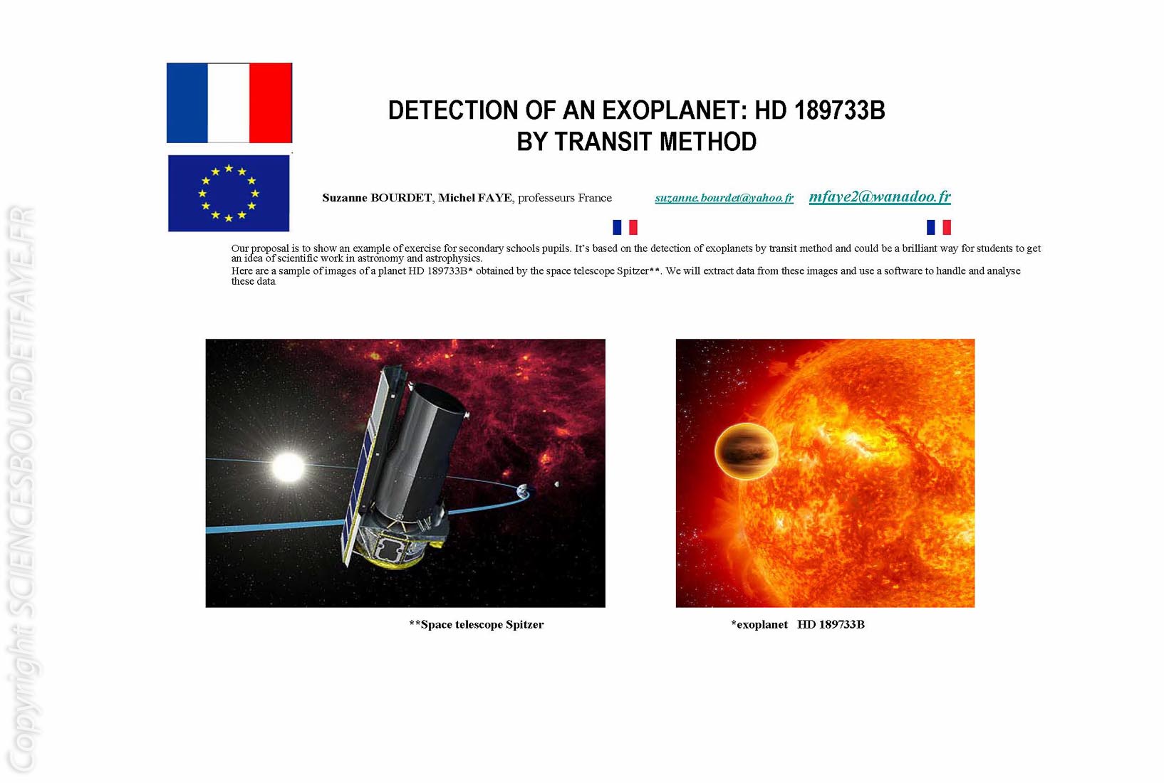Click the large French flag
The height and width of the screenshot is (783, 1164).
(229, 103)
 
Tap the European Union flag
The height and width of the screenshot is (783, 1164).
(229, 193)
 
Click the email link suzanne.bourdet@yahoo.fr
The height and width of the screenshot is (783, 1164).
(724, 198)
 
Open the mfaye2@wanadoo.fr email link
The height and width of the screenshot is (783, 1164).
(880, 196)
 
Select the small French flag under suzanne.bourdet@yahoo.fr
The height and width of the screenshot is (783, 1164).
(625, 227)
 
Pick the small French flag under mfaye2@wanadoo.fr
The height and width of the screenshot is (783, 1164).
(938, 227)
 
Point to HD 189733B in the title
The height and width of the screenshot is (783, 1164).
(820, 110)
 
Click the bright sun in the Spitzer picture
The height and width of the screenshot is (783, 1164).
(288, 467)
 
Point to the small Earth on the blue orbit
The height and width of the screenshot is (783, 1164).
(522, 490)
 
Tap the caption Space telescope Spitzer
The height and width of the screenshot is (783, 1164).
(477, 625)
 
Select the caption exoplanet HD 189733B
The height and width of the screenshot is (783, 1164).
(798, 625)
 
